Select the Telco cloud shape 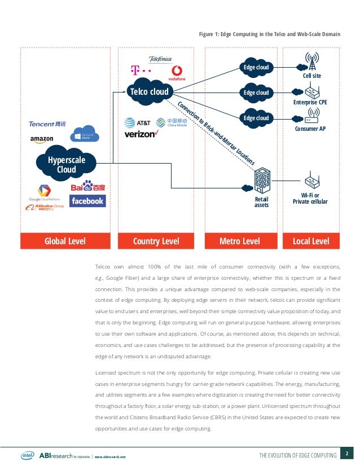[x=149, y=92]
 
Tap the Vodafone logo [x=177, y=73]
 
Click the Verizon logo [x=141, y=134]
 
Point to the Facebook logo [x=87, y=201]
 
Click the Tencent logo [x=47, y=124]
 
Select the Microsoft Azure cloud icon [x=86, y=134]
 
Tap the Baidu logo [x=87, y=186]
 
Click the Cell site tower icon [x=311, y=60]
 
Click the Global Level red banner [x=65, y=241]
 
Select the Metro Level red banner [x=240, y=241]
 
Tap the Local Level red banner [x=311, y=241]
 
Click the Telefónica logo [x=160, y=59]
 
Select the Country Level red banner [x=156, y=241]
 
